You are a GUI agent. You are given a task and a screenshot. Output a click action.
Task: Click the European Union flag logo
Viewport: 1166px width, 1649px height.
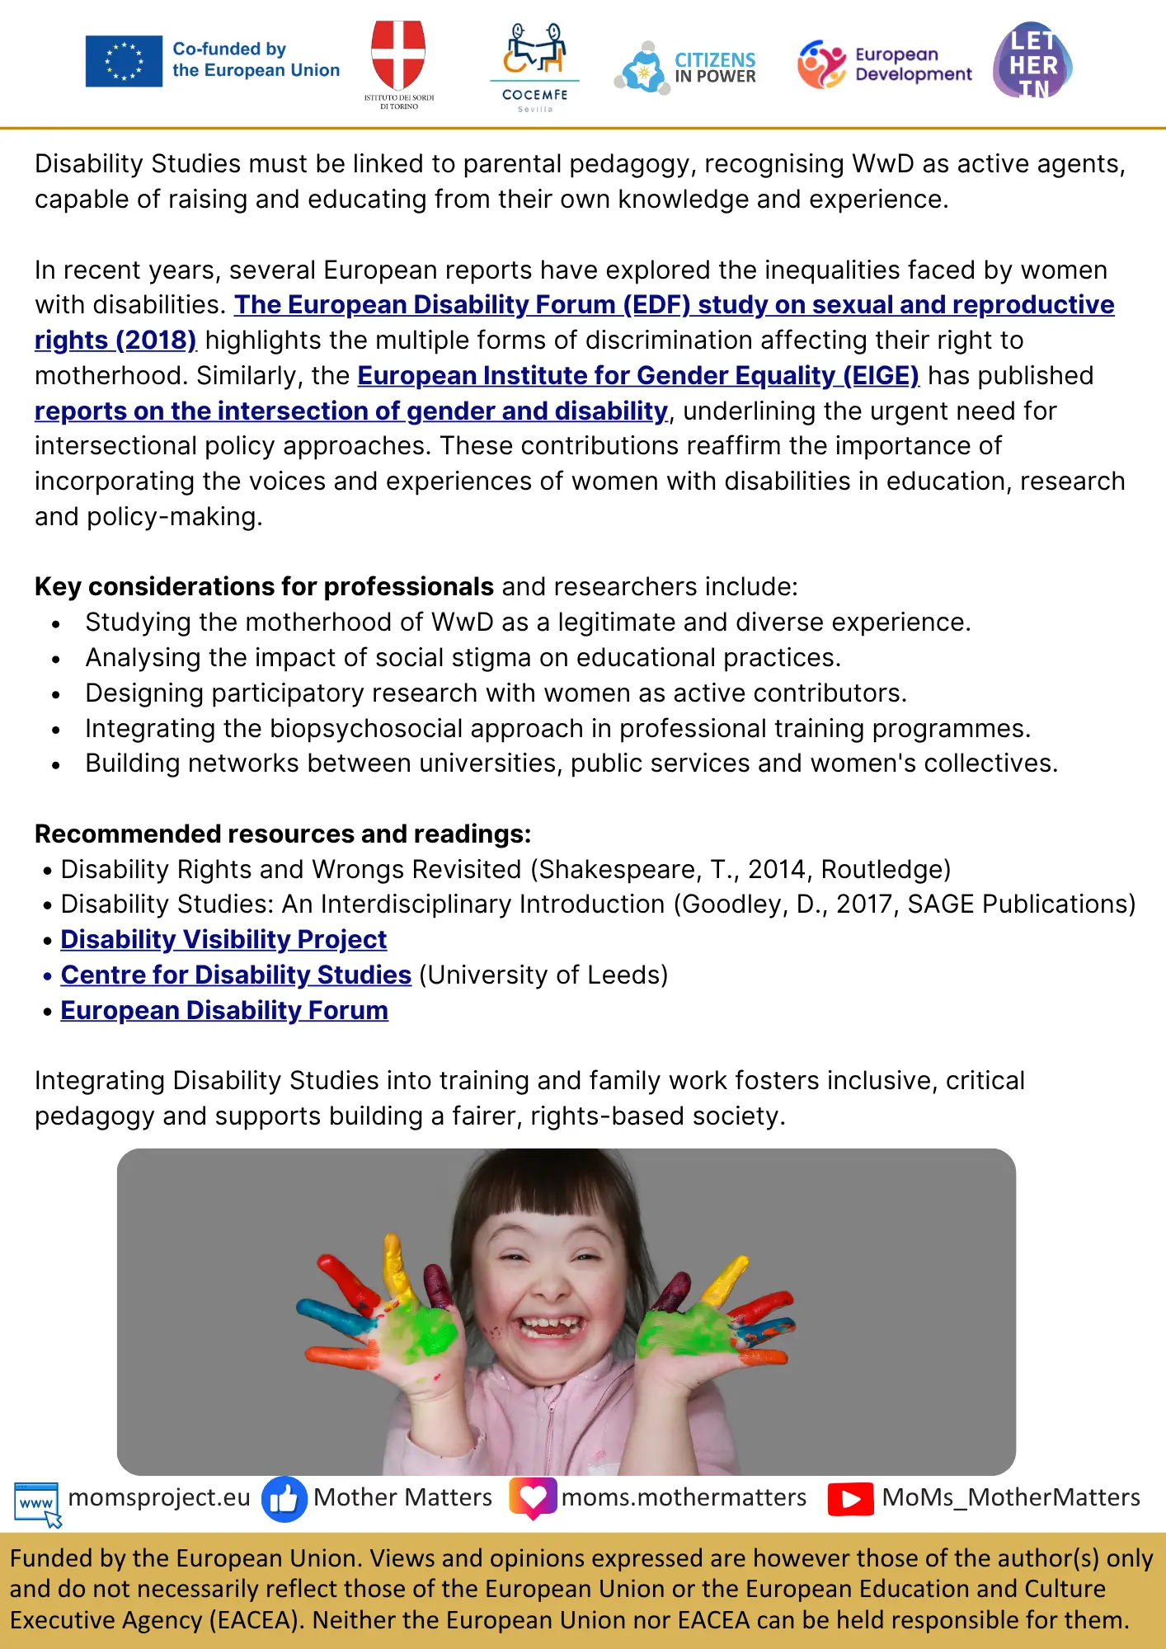124,61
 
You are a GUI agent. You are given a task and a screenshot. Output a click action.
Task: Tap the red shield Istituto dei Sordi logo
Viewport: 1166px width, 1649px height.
398,55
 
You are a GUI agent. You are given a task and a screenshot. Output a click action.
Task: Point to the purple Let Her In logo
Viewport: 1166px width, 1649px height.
1033,61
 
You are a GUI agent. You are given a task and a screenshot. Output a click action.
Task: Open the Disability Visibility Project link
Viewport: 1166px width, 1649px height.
223,939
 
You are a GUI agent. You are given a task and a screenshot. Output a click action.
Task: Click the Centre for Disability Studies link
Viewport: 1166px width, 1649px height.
236,975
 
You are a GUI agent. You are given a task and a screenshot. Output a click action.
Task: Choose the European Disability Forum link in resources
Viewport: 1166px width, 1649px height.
224,1010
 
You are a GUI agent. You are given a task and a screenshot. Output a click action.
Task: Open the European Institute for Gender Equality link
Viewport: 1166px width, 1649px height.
638,375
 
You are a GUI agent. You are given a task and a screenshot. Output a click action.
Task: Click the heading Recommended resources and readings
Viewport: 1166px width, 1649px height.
283,834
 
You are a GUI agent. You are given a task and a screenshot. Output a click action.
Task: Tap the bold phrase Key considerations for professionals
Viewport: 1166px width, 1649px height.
264,586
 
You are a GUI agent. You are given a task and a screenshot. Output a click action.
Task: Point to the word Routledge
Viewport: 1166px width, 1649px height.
885,869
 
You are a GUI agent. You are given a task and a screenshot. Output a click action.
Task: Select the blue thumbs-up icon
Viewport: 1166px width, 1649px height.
284,1499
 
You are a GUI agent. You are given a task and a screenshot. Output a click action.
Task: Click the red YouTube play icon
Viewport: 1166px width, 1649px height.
850,1499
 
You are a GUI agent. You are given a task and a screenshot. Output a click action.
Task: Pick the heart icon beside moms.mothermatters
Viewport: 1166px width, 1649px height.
533,1497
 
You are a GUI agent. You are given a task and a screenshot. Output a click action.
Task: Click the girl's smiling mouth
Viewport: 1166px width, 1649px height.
551,1324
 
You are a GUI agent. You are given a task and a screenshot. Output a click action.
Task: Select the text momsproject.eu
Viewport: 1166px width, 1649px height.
159,1497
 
